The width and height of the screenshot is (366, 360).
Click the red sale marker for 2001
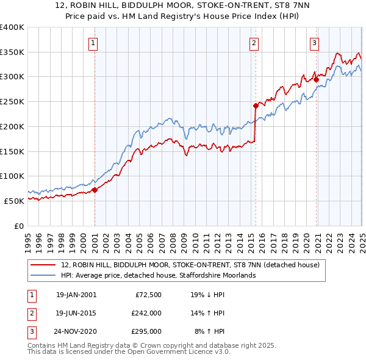pos(95,190)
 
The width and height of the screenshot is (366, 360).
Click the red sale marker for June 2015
pos(256,105)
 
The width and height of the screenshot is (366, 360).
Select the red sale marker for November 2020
pos(316,79)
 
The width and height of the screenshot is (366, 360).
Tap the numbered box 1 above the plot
pos(93,43)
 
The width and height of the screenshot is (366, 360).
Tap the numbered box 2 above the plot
pos(253,43)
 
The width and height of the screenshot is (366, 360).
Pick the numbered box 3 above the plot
pos(314,43)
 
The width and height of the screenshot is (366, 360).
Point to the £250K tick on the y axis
pos(12,101)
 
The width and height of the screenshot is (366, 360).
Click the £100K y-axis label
pos(12,176)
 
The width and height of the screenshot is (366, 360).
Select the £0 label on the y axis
pos(19,226)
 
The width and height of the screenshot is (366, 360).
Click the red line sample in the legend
pos(43,265)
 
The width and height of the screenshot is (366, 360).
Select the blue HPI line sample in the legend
pos(43,275)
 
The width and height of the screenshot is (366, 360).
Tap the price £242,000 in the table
pos(146,313)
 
